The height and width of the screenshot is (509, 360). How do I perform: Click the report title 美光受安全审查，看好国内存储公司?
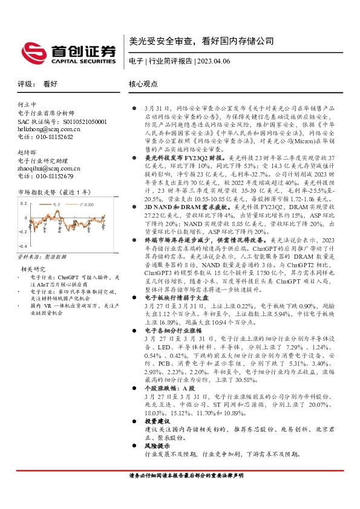[201, 41]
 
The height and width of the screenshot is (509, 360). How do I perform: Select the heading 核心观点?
[143, 85]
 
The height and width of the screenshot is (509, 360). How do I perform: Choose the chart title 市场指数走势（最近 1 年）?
[54, 192]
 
